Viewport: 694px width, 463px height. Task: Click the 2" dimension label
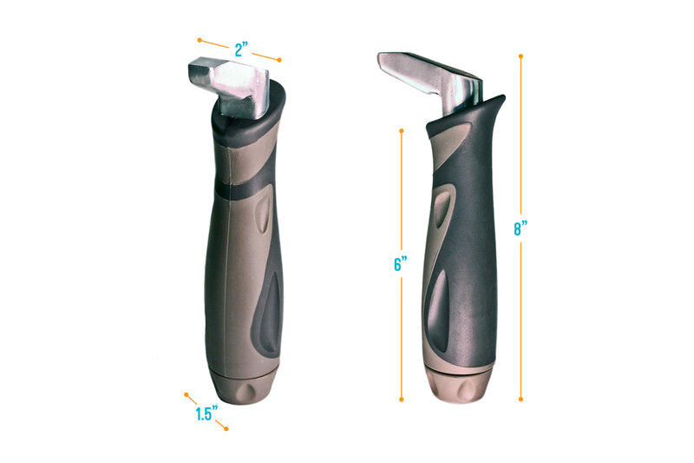[241, 50]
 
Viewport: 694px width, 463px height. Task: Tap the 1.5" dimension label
[206, 413]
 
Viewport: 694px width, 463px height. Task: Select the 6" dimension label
[401, 263]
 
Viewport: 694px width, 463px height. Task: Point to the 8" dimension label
[520, 228]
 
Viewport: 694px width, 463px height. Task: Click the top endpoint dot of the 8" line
[521, 56]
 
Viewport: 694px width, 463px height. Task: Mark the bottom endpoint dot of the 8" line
[521, 400]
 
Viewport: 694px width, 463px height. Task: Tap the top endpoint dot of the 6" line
[402, 130]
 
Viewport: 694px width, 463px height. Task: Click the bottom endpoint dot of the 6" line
[402, 400]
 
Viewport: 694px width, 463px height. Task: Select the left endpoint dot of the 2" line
[200, 40]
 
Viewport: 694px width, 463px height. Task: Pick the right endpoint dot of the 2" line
[279, 60]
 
